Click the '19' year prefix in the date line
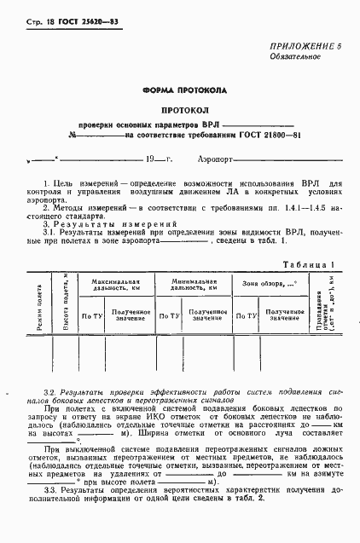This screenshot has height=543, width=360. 152,159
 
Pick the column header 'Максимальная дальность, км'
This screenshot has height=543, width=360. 116,283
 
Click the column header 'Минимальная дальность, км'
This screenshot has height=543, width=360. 193,283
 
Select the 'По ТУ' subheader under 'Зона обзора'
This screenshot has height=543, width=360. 247,315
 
